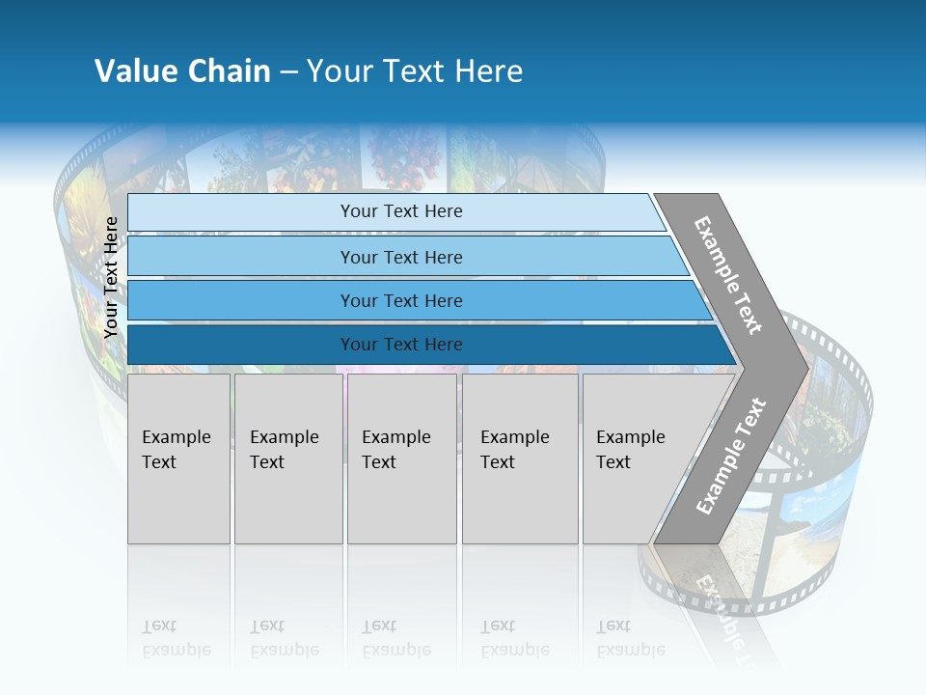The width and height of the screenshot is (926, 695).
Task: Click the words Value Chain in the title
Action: [182, 71]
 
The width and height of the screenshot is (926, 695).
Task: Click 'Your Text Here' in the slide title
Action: [415, 71]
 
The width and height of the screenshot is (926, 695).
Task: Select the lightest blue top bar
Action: [241, 212]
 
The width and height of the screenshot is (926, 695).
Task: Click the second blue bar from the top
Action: [241, 257]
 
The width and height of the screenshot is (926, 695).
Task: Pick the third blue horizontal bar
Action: [241, 300]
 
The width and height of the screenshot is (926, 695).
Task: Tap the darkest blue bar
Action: [241, 345]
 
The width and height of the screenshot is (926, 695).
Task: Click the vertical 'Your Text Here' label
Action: [111, 277]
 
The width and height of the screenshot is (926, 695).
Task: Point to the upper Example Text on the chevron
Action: [728, 275]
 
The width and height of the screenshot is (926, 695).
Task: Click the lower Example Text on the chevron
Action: [731, 456]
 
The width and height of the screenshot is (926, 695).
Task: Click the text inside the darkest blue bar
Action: [401, 345]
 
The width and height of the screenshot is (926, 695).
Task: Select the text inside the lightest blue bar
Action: [401, 211]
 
